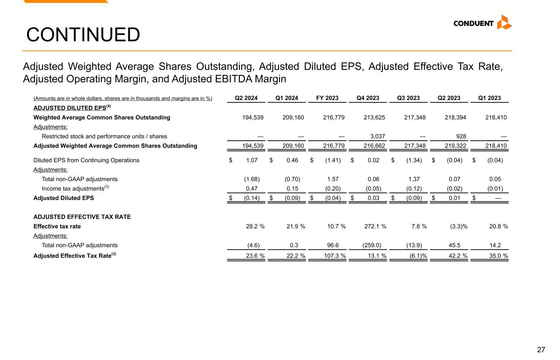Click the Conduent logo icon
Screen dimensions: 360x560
coord(504,23)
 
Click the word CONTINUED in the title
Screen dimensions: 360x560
coord(83,35)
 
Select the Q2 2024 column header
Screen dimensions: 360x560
coord(246,98)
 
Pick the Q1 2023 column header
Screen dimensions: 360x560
coord(490,98)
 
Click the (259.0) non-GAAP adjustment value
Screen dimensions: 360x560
coord(372,245)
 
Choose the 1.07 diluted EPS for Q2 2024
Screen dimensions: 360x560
coord(252,160)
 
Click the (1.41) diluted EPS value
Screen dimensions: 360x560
coord(333,160)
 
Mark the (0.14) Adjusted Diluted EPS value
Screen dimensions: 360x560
coord(251,198)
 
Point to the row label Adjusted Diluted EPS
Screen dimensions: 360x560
coord(64,198)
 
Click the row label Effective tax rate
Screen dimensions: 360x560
coord(57,226)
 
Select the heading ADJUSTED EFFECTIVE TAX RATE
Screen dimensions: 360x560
coord(82,217)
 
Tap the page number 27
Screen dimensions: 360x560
coord(541,350)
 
